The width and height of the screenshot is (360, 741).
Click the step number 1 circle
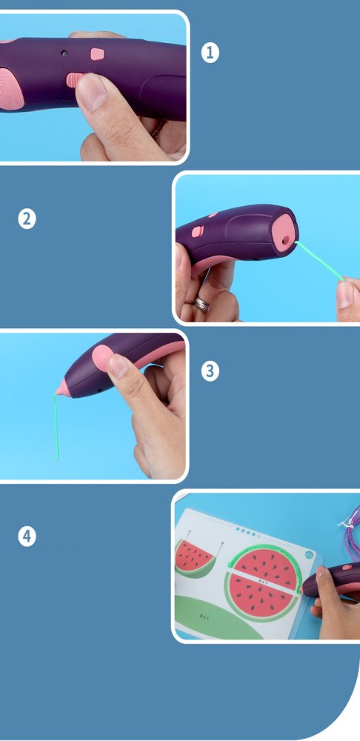coord(211,53)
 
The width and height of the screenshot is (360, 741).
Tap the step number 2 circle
coord(27,219)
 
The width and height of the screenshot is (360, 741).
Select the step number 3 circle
coord(211,371)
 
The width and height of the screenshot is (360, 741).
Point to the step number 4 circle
coord(27,536)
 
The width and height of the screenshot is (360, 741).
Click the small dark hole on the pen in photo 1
coord(64,53)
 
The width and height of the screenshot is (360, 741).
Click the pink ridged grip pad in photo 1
coord(9,87)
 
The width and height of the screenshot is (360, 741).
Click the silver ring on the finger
coord(201,303)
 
